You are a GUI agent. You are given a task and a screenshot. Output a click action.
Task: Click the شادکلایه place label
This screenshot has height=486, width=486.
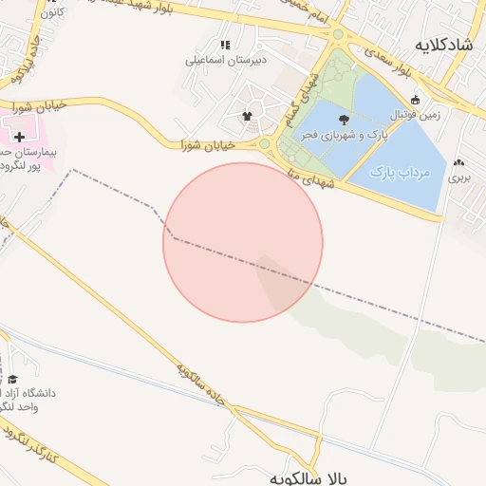(x=444, y=45)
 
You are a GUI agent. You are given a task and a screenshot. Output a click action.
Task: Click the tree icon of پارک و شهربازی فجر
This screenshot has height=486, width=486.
(x=343, y=120)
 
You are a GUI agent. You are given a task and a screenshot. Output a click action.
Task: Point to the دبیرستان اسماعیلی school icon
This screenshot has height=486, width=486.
(x=225, y=45)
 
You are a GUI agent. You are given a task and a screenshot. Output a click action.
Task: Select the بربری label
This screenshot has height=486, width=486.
(x=459, y=177)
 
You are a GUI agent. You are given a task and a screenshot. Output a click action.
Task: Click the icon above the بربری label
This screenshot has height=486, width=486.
(x=459, y=162)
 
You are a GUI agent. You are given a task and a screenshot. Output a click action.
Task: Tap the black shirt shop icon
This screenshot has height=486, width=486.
(x=248, y=117)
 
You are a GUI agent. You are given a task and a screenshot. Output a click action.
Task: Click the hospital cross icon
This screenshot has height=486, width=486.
(x=19, y=136)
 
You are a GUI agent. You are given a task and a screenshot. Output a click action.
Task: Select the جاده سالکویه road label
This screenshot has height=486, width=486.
(x=199, y=386)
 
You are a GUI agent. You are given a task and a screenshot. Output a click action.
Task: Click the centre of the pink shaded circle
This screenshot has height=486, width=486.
(x=243, y=242)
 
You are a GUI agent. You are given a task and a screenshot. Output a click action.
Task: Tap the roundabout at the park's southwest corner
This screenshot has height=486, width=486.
(x=265, y=144)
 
